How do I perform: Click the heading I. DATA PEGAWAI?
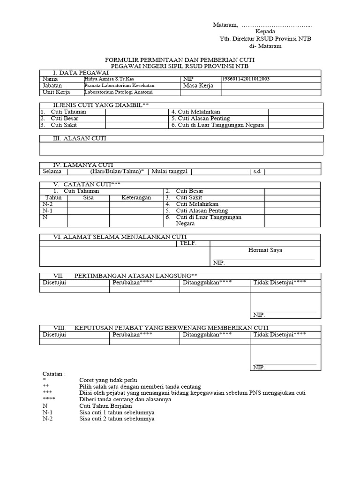coord(77,73)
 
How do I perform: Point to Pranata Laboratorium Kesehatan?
coord(119,86)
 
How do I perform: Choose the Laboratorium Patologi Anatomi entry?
coord(115,92)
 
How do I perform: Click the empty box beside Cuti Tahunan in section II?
coord(136,112)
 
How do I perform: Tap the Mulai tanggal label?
coord(170,172)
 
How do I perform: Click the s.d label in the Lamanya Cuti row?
coord(256,172)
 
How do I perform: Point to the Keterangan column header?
coord(136,198)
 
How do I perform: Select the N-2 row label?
coord(48,204)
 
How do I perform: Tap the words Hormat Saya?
coord(265,250)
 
